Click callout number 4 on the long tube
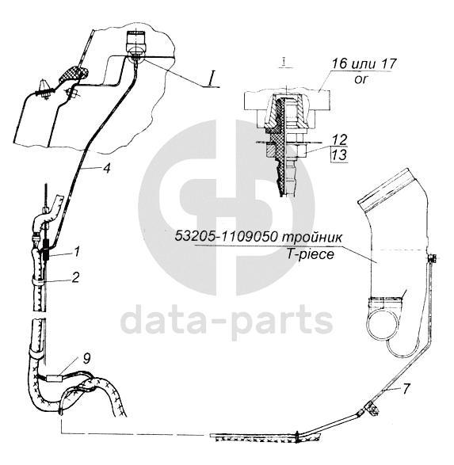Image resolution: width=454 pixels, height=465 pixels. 107,169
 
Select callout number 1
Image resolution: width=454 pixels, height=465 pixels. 77,252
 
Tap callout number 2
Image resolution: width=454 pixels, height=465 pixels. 75,277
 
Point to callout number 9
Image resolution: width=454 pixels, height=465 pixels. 86,359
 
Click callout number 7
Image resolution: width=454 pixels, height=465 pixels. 406,388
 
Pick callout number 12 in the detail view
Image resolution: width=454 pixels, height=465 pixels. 340,139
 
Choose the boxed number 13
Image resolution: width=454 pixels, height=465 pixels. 340,154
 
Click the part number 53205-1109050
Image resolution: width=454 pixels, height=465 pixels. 226,237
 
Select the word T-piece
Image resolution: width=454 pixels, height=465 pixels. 310,254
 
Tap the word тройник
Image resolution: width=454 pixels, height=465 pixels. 311,237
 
